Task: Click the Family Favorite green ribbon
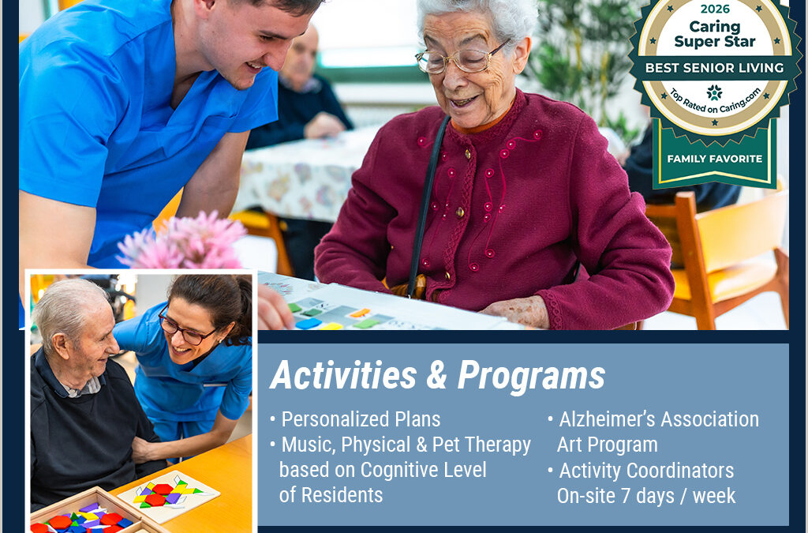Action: pyautogui.click(x=714, y=159)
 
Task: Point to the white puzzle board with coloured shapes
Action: pyautogui.click(x=168, y=494)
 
